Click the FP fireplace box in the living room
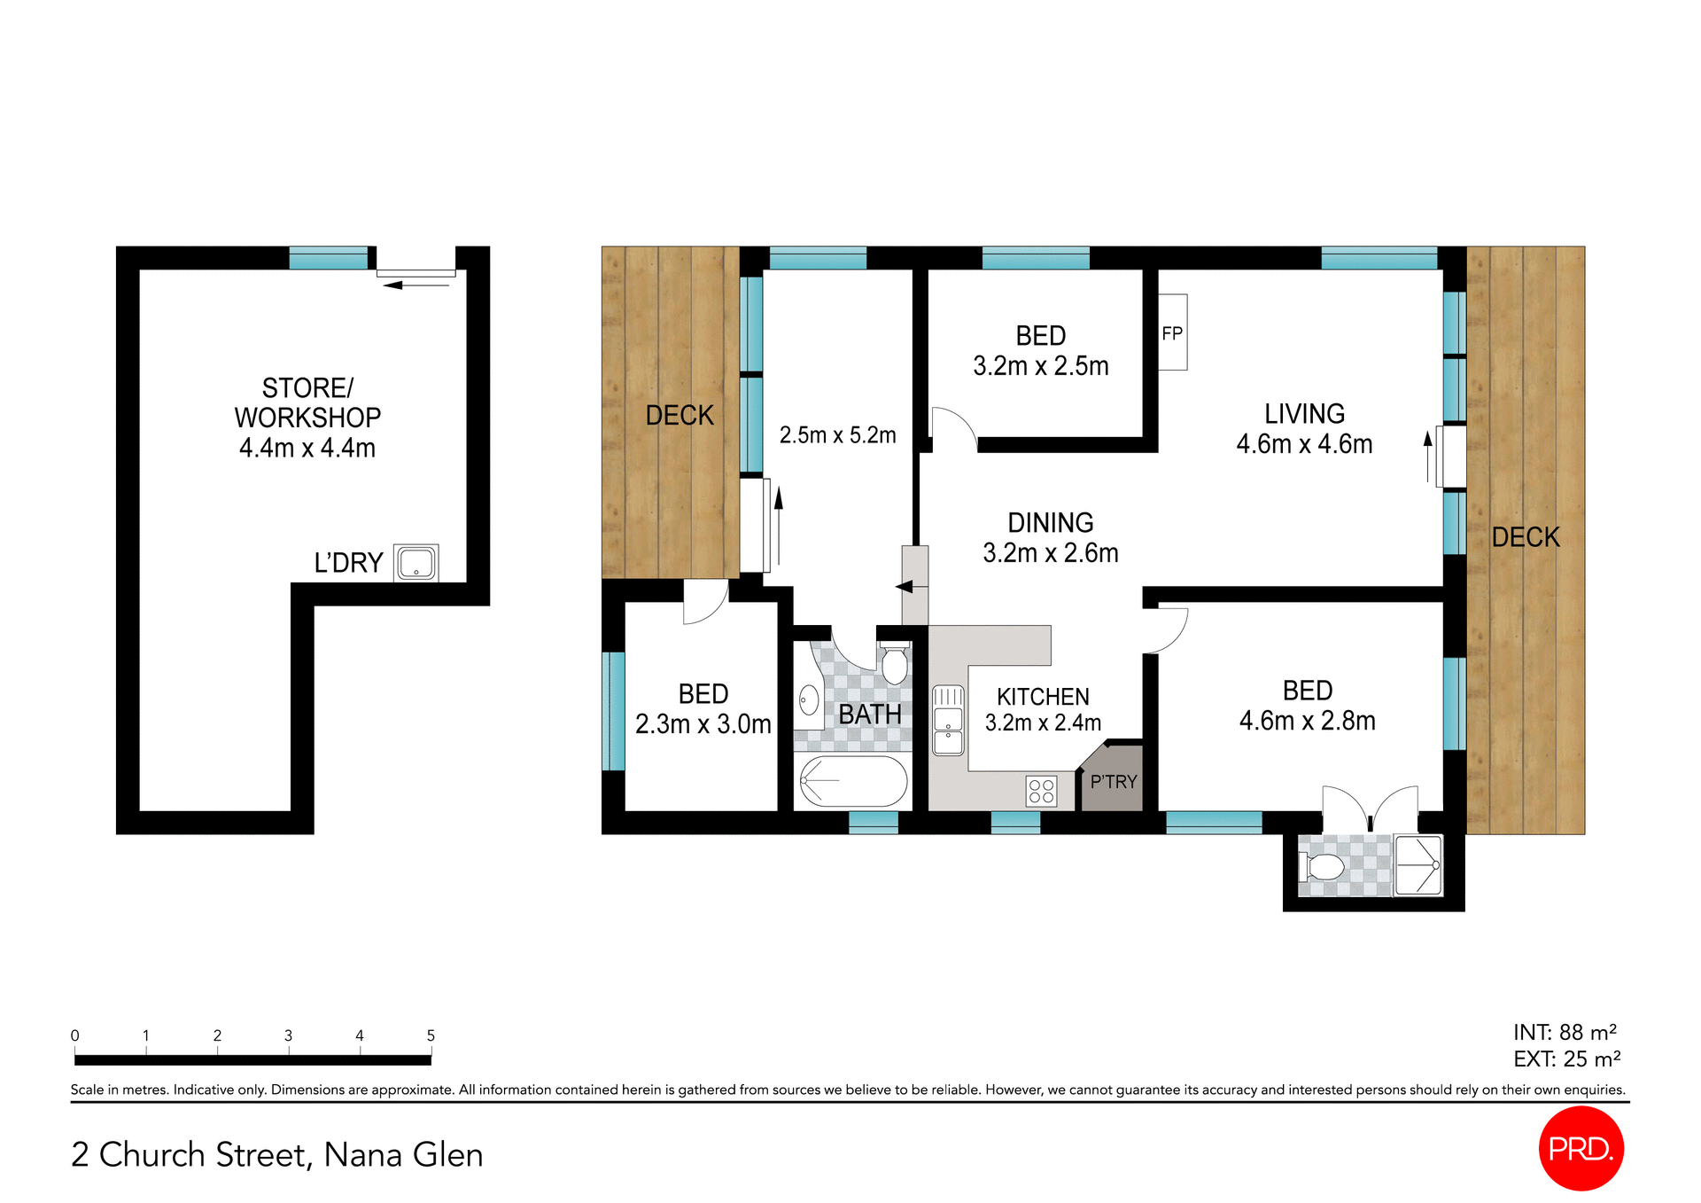pyautogui.click(x=1171, y=332)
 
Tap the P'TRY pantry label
pyautogui.click(x=1113, y=782)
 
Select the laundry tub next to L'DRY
pyautogui.click(x=416, y=563)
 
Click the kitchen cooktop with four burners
pyautogui.click(x=1041, y=791)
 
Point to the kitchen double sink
pyautogui.click(x=948, y=720)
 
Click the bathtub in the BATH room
pyautogui.click(x=852, y=781)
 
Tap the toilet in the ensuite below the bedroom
pyautogui.click(x=1324, y=866)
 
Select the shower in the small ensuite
pyautogui.click(x=1417, y=865)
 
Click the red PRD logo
pyautogui.click(x=1581, y=1148)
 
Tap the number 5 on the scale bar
pyautogui.click(x=431, y=1035)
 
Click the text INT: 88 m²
pyautogui.click(x=1565, y=1033)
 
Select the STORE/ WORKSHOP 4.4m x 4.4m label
pyautogui.click(x=307, y=418)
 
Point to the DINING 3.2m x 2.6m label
pyautogui.click(x=1050, y=538)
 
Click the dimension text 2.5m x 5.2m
pyautogui.click(x=837, y=435)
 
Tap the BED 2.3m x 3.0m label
pyautogui.click(x=703, y=709)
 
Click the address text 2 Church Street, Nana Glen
pyautogui.click(x=277, y=1154)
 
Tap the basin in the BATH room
pyautogui.click(x=808, y=700)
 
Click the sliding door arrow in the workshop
pyautogui.click(x=416, y=285)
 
